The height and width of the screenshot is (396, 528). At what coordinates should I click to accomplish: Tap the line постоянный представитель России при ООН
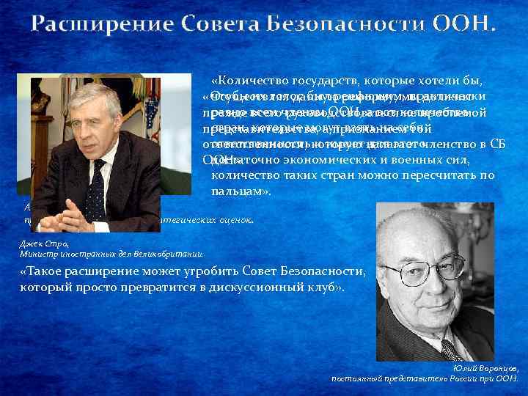(x=425, y=378)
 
